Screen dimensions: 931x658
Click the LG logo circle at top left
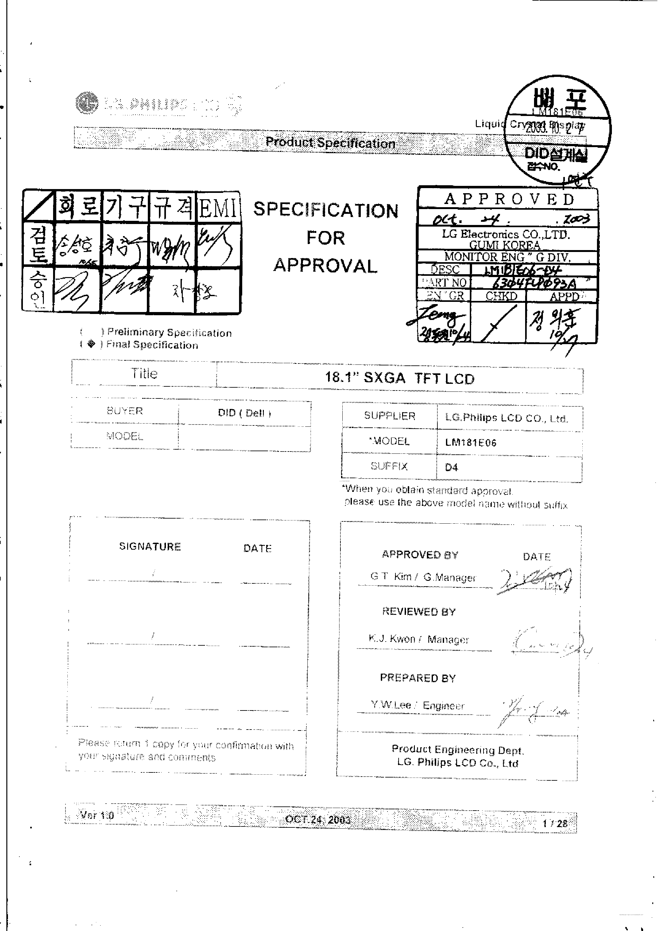pos(86,103)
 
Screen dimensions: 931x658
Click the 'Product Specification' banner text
pos(330,143)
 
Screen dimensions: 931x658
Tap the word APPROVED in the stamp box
pos(509,199)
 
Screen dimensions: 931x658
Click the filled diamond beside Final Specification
pos(91,344)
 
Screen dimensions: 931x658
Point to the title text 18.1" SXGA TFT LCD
pos(399,378)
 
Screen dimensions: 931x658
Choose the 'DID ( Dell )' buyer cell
pos(244,413)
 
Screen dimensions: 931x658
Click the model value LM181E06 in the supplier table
pos(470,442)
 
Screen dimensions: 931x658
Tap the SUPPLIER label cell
pos(389,416)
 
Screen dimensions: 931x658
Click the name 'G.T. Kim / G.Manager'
pos(423,577)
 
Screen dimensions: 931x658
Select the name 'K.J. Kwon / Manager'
pos(419,639)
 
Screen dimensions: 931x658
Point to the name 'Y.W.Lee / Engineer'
pos(417,705)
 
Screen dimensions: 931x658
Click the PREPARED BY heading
pos(417,678)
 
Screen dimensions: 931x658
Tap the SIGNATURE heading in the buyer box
pos(150,547)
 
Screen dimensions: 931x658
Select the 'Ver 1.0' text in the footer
pos(97,815)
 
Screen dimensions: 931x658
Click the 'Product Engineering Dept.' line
pos(458,750)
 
